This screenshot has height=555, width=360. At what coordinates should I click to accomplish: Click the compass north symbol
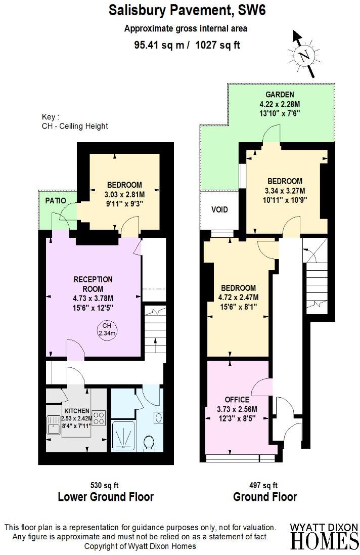coord(304,56)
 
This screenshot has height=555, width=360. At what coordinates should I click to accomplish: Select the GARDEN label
coord(280,95)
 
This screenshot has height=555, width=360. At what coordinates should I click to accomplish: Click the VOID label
coord(219,209)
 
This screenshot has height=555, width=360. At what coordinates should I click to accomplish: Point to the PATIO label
coord(56,200)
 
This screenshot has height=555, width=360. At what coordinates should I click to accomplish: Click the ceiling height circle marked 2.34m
coord(106,329)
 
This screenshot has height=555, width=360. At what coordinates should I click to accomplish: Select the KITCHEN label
coord(77,410)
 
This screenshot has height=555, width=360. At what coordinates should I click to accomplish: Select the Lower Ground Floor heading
coord(106,497)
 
